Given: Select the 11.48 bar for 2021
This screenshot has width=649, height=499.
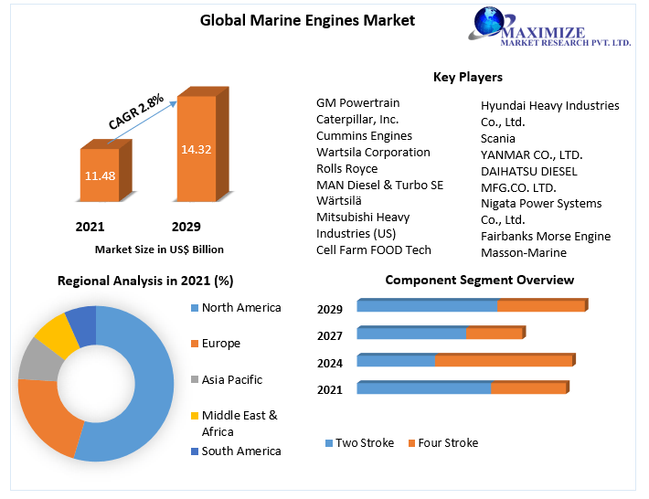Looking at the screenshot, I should (100, 175).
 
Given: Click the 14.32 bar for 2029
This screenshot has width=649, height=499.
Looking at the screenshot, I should (196, 149).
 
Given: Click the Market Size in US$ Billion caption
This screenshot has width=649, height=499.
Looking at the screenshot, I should (159, 249).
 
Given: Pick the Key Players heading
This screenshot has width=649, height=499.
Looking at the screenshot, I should (467, 77).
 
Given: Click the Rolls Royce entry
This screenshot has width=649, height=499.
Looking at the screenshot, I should (346, 169).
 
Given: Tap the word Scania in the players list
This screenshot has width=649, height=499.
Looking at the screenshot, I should (499, 138).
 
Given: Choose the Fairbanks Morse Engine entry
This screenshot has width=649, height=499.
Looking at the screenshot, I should (546, 237).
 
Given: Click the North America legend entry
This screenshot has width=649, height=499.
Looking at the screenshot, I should (241, 308).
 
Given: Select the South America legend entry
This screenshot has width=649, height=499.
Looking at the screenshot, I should (241, 451).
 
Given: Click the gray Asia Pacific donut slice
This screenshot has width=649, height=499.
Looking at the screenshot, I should (36, 359).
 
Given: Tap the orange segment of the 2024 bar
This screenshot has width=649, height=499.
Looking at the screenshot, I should (503, 361).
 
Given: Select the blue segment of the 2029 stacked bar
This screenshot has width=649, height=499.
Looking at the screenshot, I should (427, 306).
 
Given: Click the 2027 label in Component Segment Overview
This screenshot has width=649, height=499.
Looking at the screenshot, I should (330, 336).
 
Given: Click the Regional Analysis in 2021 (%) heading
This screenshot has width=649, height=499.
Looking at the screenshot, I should (145, 281).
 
